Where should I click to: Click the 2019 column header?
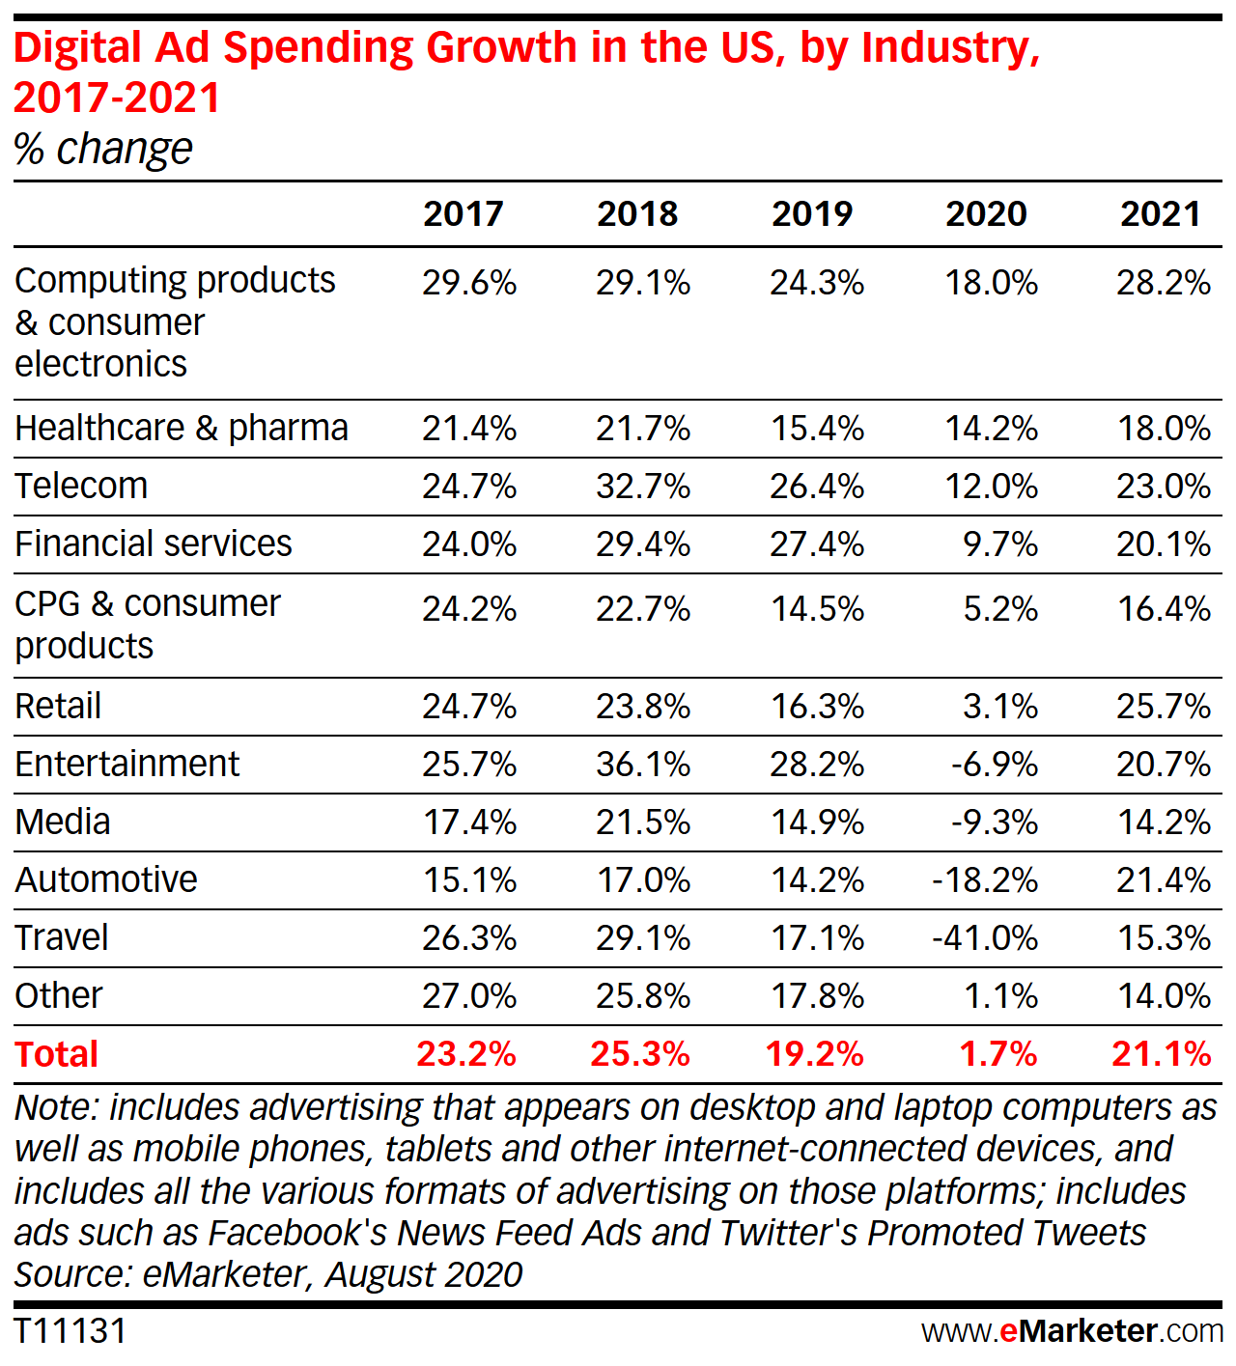(812, 213)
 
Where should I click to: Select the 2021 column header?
(1161, 213)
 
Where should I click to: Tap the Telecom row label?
(82, 486)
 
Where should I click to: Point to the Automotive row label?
(106, 879)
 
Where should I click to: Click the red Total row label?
(57, 1054)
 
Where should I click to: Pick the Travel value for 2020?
(986, 937)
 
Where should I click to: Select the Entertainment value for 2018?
(643, 765)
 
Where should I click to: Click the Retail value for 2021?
(1164, 707)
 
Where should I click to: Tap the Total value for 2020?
(998, 1054)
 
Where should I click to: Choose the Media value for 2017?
(470, 822)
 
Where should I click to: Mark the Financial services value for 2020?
(1000, 544)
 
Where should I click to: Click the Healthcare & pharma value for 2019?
(817, 429)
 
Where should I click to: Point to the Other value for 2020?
(1000, 996)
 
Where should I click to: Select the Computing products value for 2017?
(469, 283)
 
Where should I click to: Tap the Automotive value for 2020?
(986, 880)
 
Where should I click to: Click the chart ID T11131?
(70, 1331)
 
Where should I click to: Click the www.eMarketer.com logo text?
(1072, 1331)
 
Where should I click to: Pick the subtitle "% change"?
(103, 150)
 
